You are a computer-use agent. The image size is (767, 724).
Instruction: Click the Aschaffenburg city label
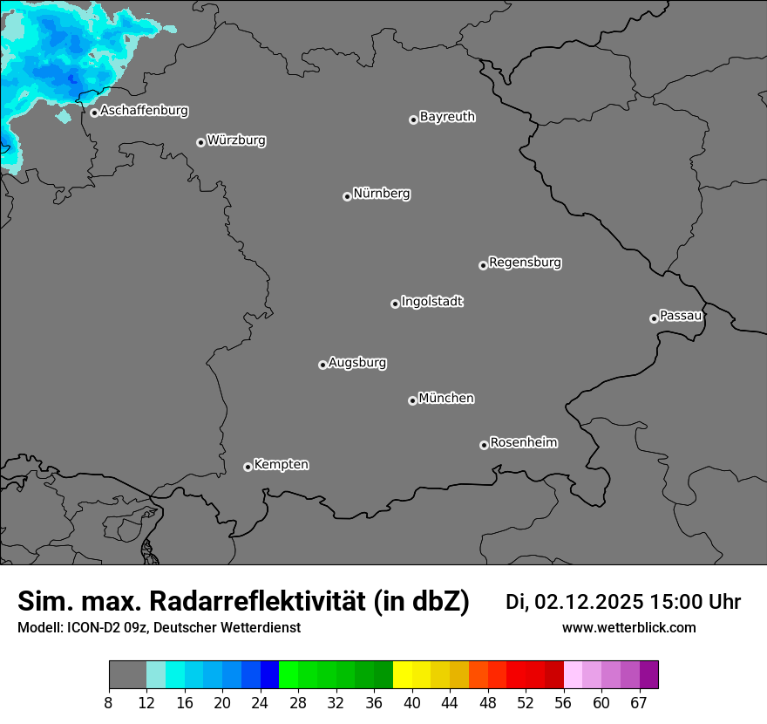tap(144, 111)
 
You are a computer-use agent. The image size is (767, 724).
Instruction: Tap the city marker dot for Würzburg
tap(200, 142)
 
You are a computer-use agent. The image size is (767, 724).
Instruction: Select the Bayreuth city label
tap(447, 117)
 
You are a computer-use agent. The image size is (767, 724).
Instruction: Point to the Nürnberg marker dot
tap(347, 196)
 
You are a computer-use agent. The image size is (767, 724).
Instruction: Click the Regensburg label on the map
tap(525, 263)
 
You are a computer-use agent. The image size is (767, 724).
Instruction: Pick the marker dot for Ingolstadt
tap(395, 304)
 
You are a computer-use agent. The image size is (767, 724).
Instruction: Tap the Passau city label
tap(681, 316)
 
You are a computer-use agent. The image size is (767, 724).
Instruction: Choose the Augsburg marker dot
tap(322, 365)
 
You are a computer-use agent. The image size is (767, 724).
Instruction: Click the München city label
tap(446, 399)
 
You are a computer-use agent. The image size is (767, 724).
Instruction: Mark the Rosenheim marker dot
tap(484, 446)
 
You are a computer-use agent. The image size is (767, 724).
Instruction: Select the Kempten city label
tap(281, 465)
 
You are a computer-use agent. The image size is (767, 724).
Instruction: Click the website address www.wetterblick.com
tap(629, 627)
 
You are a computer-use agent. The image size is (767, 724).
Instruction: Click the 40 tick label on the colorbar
tap(412, 702)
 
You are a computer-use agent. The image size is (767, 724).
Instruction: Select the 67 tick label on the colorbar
tap(639, 702)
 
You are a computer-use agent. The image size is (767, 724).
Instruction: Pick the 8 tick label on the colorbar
tap(109, 702)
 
